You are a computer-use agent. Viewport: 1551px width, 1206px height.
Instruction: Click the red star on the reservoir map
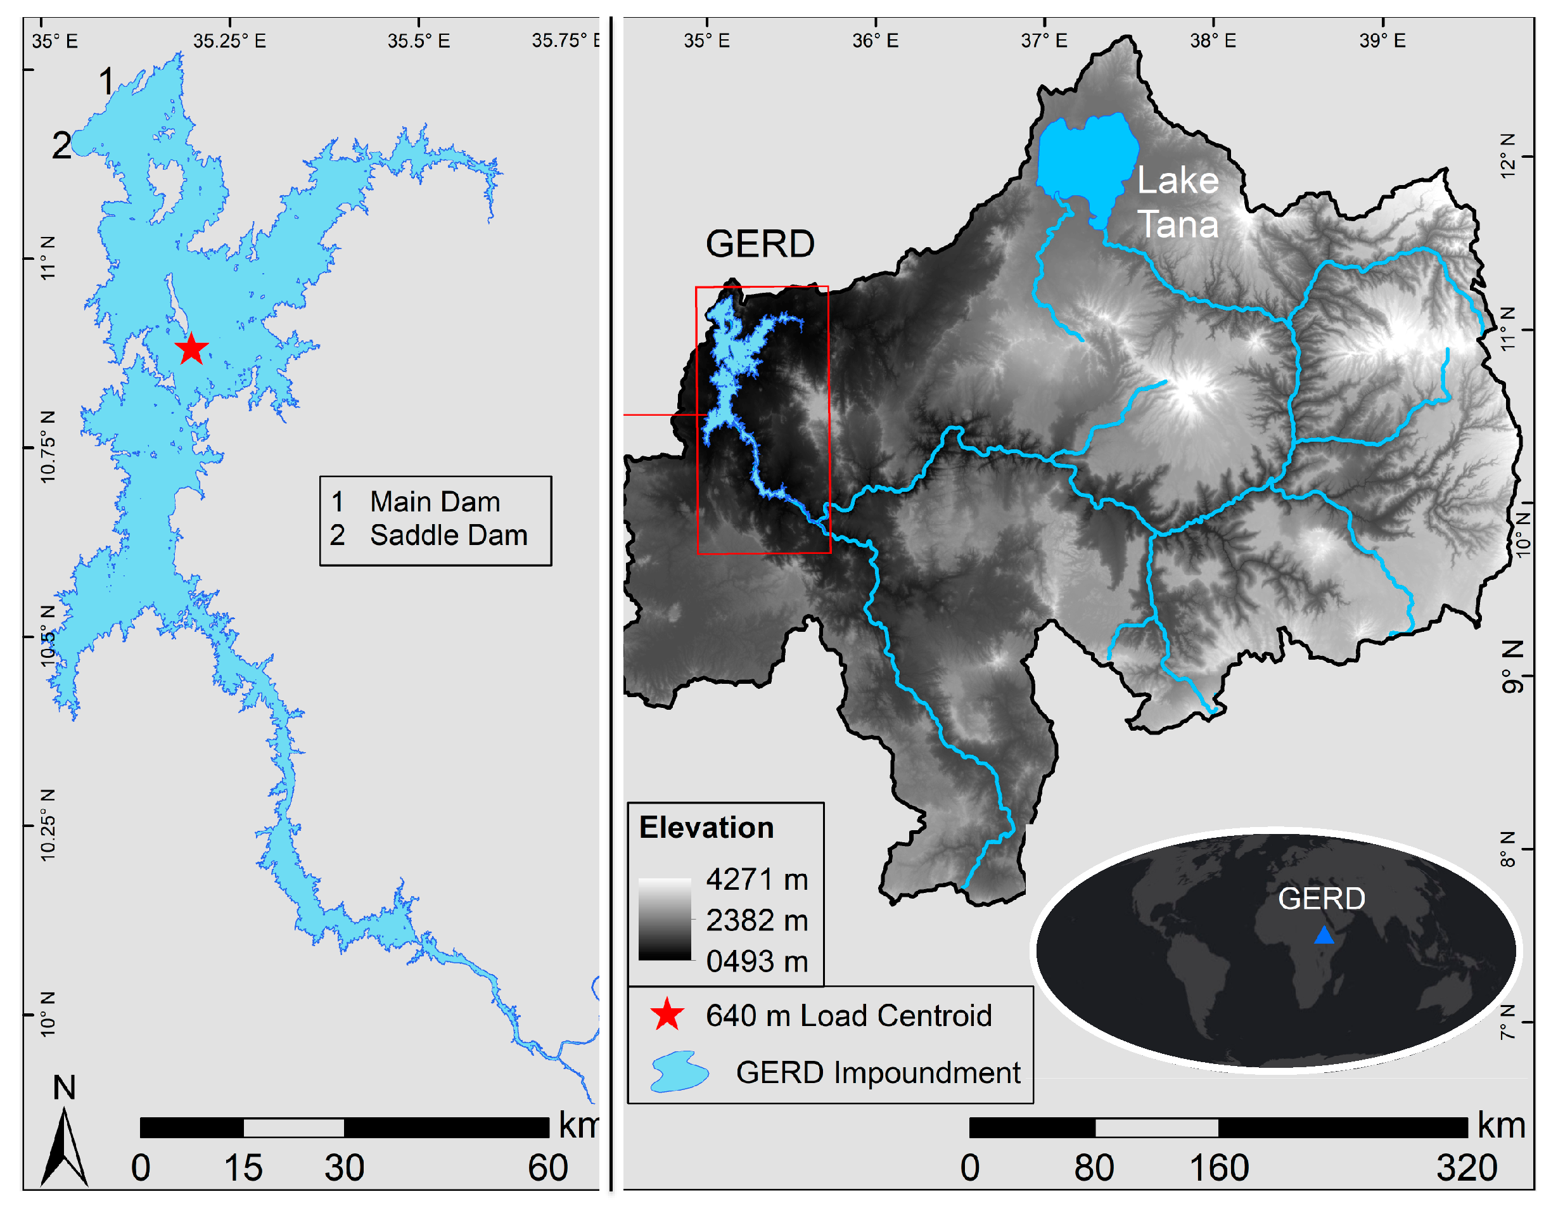click(191, 349)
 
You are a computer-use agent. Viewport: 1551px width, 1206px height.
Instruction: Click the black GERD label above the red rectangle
click(759, 245)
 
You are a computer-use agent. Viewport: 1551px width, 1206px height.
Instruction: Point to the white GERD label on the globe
click(1321, 899)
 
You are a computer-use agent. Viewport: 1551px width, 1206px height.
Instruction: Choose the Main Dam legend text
click(435, 502)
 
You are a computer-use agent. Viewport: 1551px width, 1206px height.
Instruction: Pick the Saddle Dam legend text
click(448, 536)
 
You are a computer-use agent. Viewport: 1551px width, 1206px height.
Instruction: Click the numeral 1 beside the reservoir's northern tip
click(106, 81)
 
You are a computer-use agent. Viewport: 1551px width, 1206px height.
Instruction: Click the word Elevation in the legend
click(706, 828)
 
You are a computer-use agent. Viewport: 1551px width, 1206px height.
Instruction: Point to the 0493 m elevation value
click(756, 961)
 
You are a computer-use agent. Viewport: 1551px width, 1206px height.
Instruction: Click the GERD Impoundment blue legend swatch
click(679, 1072)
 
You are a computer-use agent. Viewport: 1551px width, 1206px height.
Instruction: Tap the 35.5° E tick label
click(418, 41)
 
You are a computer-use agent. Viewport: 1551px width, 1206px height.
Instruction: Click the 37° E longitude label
click(1044, 41)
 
